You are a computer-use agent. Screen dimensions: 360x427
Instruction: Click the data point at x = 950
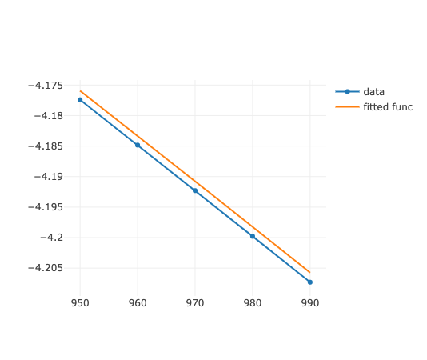(x=80, y=100)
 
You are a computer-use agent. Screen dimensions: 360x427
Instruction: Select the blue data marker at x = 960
(x=138, y=145)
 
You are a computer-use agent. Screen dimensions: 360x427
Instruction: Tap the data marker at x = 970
(x=195, y=190)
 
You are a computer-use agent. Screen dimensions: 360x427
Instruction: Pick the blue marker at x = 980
(x=253, y=236)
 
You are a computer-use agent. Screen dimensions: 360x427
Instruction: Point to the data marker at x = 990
(x=310, y=282)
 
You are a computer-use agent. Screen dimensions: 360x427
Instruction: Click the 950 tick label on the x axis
(x=80, y=303)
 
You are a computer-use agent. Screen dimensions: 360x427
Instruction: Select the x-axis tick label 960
(x=138, y=303)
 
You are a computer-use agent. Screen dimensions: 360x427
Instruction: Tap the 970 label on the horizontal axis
(x=195, y=303)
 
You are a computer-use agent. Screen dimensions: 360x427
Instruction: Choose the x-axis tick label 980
(x=253, y=303)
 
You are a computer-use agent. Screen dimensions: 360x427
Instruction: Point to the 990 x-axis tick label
(x=310, y=303)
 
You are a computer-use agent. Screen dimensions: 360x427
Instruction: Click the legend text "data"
(x=373, y=91)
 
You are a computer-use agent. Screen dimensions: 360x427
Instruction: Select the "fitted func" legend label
(x=388, y=106)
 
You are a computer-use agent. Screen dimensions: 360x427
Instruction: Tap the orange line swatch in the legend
(x=347, y=106)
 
